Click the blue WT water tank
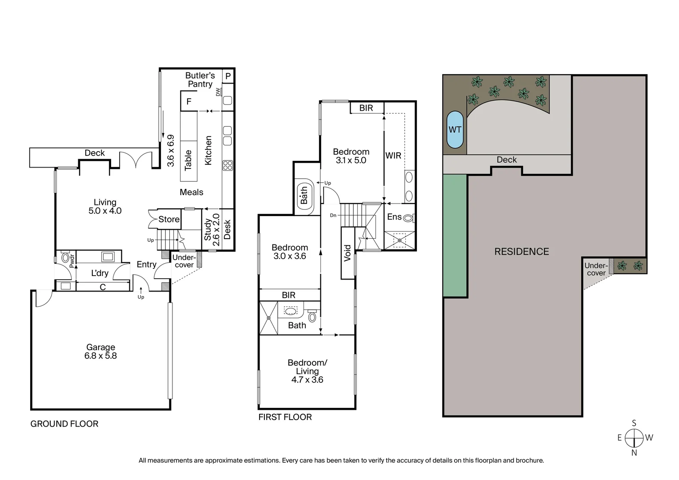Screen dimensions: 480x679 click(x=455, y=129)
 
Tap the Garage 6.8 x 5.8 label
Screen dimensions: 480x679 click(x=100, y=352)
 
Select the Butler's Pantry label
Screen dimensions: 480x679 click(x=200, y=80)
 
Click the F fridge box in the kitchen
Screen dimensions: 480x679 click(x=189, y=101)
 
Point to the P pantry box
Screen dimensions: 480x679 click(x=228, y=76)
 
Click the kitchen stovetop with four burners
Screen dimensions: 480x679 click(x=228, y=165)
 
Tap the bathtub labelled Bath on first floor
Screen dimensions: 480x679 click(x=304, y=196)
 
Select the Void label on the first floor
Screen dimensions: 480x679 click(x=347, y=253)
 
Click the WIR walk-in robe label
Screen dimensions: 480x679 click(x=393, y=156)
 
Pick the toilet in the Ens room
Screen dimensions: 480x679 click(x=408, y=218)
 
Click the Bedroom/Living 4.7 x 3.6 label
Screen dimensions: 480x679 click(x=307, y=371)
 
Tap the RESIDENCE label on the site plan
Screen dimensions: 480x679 click(x=522, y=252)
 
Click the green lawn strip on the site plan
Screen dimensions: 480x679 click(x=455, y=236)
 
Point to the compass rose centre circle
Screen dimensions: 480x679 click(x=634, y=438)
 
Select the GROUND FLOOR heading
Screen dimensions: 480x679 click(x=64, y=424)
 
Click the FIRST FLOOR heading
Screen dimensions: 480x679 click(x=285, y=417)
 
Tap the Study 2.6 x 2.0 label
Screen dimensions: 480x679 click(x=212, y=230)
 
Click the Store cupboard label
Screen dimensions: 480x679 click(x=169, y=220)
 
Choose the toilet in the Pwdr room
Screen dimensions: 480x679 click(x=66, y=257)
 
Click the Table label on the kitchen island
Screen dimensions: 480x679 click(x=188, y=160)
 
